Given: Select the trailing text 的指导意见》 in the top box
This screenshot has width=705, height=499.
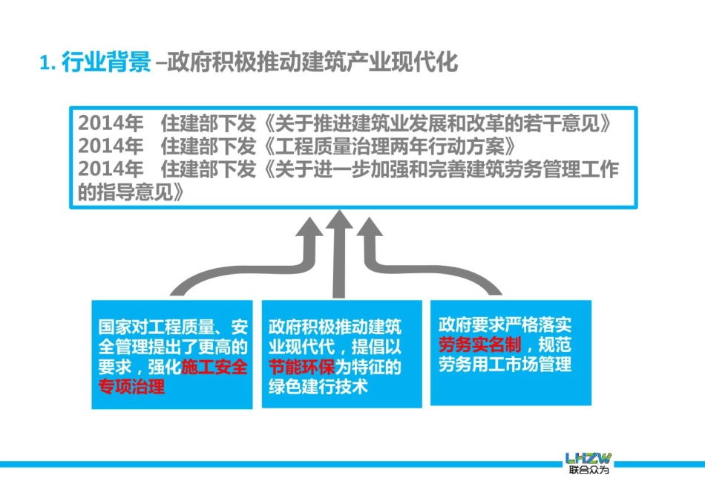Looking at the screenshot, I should (131, 192).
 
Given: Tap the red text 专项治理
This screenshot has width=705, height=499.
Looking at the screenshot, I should (131, 387).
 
